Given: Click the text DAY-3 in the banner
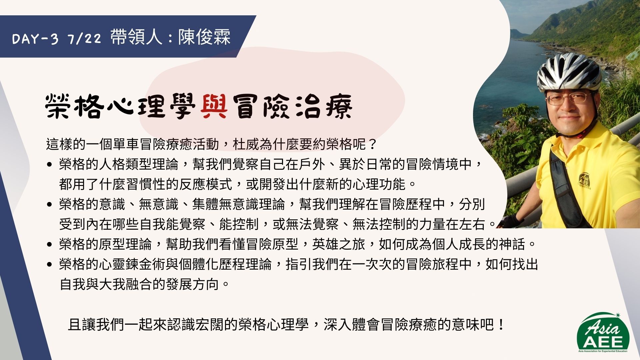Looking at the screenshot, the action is tap(35, 39).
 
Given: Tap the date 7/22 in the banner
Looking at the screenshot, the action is tap(84, 39).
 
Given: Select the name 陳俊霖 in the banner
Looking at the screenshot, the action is tap(204, 37).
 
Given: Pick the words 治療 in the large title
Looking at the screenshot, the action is tap(324, 106).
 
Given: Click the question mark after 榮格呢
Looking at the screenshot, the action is tap(372, 144).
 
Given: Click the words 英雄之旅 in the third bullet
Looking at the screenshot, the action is tap(339, 244).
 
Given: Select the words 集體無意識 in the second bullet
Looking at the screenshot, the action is tap(225, 204).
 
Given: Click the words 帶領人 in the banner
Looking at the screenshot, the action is tap(136, 37).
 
